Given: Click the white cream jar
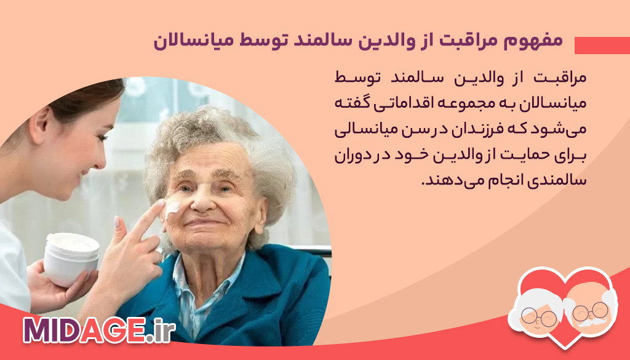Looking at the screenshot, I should (x=71, y=258).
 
